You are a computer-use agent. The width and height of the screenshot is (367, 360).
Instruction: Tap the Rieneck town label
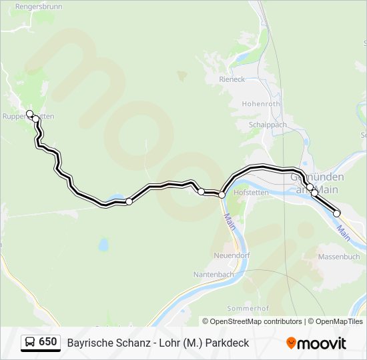(x=232, y=79)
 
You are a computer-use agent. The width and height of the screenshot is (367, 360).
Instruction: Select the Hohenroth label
(x=261, y=104)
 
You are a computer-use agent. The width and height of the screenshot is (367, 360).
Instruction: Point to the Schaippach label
(x=267, y=125)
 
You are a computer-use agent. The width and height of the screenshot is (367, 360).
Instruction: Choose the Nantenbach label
(x=213, y=274)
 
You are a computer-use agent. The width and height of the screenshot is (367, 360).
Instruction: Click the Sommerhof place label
(x=248, y=308)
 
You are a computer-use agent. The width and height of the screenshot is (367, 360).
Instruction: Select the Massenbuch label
(x=339, y=257)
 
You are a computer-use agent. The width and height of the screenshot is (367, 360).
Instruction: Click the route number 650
(x=48, y=342)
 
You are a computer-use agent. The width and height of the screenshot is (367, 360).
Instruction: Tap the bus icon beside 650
(x=30, y=342)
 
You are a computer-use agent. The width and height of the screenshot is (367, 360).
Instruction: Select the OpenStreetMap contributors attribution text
(x=252, y=321)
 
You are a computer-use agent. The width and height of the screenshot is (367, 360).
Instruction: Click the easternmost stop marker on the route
(x=337, y=213)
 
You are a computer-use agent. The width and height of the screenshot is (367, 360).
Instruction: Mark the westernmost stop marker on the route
(x=29, y=113)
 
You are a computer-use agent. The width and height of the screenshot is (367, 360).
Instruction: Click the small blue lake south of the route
(x=103, y=245)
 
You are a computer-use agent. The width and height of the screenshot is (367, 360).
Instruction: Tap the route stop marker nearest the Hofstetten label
(x=222, y=194)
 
